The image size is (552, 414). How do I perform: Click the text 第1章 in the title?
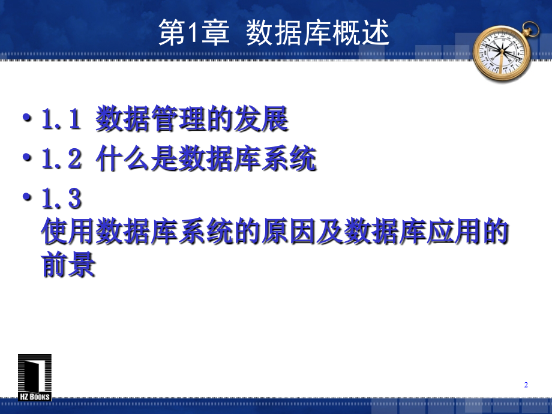(x=194, y=34)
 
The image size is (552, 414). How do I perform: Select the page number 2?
(x=526, y=385)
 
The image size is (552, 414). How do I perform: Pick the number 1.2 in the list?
(x=61, y=160)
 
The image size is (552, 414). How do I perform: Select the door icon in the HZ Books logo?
(x=35, y=373)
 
